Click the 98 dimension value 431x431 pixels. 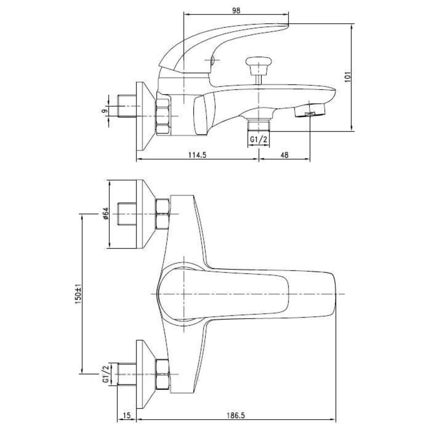point(236,10)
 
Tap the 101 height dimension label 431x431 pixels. point(348,77)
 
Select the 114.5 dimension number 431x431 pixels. point(197,155)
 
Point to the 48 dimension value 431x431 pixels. point(284,155)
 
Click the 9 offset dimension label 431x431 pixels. point(104,111)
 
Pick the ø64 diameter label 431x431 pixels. point(106,214)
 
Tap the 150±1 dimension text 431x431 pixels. point(78,294)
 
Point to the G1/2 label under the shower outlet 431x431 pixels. point(259,140)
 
